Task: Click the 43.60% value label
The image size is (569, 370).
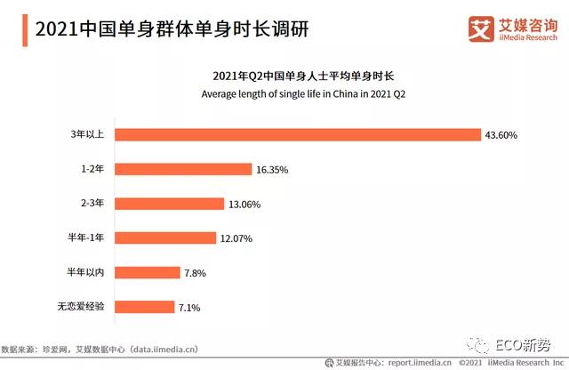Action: pos(501,135)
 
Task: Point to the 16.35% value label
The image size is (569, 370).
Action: pos(271,169)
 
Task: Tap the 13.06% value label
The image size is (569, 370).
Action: pos(245,204)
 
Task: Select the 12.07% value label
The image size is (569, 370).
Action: pos(236,237)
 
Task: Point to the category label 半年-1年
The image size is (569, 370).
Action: pos(84,237)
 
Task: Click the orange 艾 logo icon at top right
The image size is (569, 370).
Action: pos(480,28)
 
